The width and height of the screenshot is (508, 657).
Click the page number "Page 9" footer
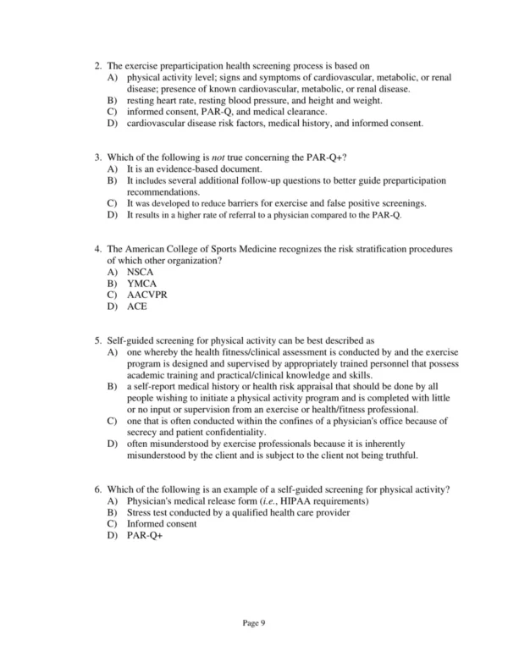pyautogui.click(x=255, y=623)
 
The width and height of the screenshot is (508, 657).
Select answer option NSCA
pyautogui.click(x=140, y=273)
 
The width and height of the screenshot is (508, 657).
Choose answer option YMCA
pyautogui.click(x=141, y=284)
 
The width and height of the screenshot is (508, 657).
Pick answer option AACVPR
pyautogui.click(x=146, y=295)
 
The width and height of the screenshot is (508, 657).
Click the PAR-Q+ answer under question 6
pyautogui.click(x=143, y=535)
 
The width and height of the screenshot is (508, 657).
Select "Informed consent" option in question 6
pyautogui.click(x=161, y=523)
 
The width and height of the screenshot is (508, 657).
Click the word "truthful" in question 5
pyautogui.click(x=398, y=455)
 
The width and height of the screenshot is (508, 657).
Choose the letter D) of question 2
pyautogui.click(x=113, y=124)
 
